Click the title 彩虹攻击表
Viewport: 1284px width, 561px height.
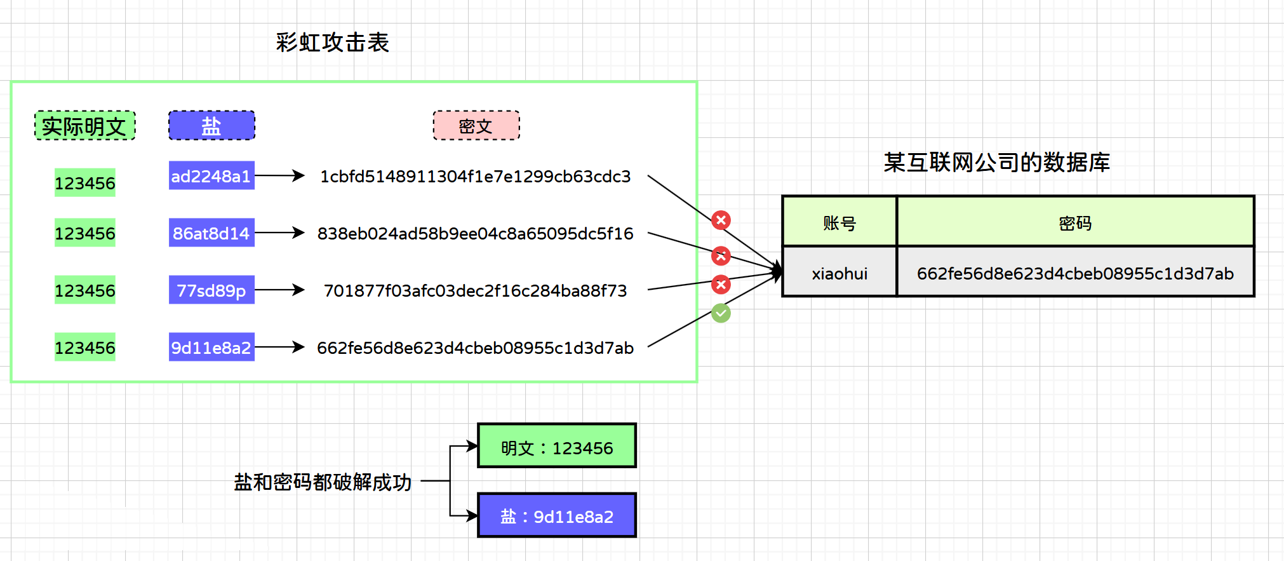(332, 43)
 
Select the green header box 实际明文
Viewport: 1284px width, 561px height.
(84, 126)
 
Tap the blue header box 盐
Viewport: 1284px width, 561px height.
(211, 126)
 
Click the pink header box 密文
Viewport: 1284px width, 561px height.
(476, 126)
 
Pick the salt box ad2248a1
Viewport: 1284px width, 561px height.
(211, 176)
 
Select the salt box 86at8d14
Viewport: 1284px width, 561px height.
(211, 233)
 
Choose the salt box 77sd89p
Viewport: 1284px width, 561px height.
(211, 290)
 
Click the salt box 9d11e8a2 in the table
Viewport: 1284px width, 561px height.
(211, 348)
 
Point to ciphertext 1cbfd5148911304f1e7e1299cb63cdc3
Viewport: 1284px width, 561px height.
(475, 176)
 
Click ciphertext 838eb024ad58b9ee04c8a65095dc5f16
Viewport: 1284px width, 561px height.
(475, 233)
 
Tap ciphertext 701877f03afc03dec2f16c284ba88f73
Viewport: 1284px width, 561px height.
(475, 290)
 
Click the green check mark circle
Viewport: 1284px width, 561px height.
(721, 313)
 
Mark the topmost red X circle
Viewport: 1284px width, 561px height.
(721, 220)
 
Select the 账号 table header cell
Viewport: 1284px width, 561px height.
(839, 222)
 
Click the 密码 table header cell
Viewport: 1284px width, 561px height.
(1075, 222)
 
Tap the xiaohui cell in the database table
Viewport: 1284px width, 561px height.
(839, 273)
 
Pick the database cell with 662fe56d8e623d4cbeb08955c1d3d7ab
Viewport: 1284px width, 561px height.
(1075, 273)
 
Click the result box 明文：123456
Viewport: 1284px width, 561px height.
(557, 447)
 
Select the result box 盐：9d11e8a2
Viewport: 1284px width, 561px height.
(557, 516)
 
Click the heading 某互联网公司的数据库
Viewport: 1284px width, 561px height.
(996, 163)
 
